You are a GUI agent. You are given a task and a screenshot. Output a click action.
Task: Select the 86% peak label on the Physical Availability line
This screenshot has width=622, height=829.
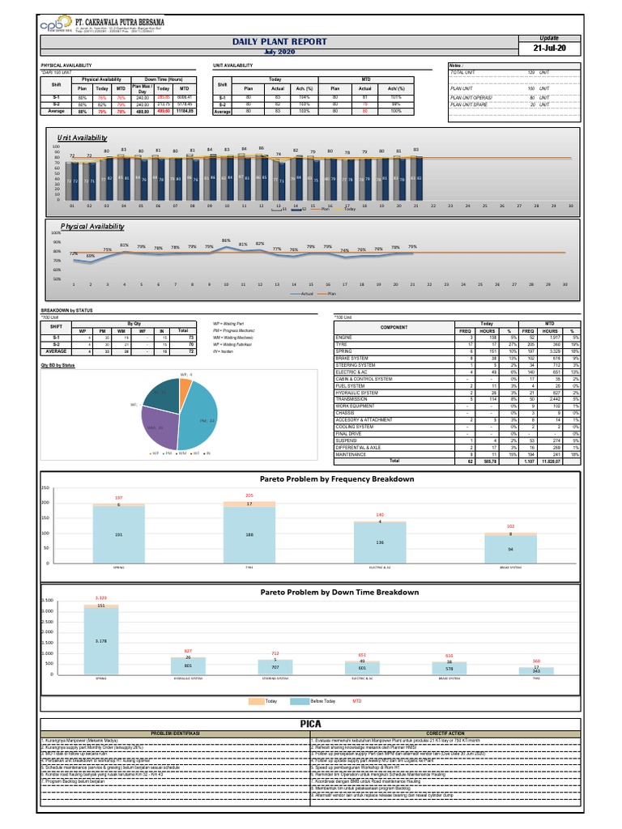click(226, 240)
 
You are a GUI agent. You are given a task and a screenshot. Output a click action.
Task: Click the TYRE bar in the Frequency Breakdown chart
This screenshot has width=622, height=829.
click(249, 534)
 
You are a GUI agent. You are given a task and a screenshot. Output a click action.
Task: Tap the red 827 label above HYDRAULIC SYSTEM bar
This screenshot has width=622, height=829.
click(188, 650)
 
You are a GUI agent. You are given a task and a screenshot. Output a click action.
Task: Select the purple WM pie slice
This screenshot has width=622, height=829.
click(157, 427)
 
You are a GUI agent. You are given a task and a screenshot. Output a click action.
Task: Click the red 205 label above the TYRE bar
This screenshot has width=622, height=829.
click(249, 495)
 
